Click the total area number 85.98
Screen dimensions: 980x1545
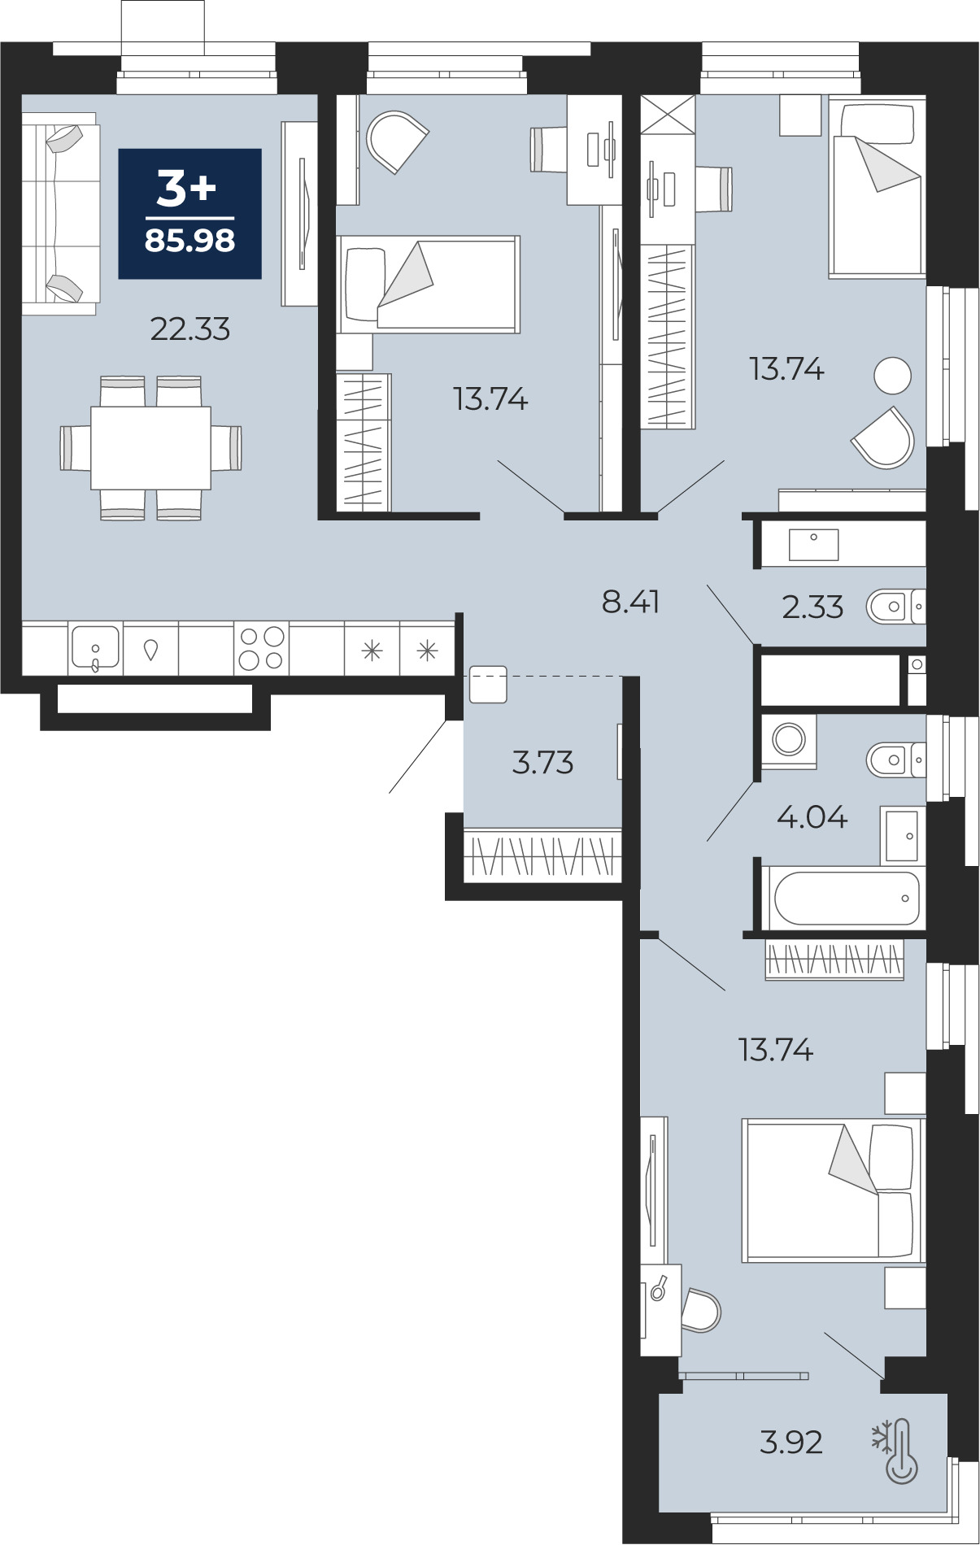click(x=190, y=241)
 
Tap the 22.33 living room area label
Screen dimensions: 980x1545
click(x=190, y=329)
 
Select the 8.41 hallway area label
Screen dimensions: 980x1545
click(x=631, y=602)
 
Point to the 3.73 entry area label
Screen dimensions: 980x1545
click(x=542, y=763)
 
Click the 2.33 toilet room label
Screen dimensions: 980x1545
click(x=812, y=607)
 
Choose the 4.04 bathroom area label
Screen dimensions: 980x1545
click(x=812, y=816)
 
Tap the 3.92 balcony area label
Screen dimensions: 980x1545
click(x=791, y=1443)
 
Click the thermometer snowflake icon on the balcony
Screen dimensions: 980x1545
click(x=895, y=1451)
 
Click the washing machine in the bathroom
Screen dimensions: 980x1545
click(x=789, y=740)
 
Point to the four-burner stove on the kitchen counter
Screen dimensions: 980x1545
click(x=262, y=649)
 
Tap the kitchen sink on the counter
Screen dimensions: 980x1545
click(x=96, y=648)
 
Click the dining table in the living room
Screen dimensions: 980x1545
click(x=150, y=448)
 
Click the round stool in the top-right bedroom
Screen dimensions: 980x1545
click(x=892, y=376)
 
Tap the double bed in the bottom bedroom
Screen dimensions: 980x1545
click(x=834, y=1190)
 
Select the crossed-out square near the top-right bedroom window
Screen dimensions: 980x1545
click(x=669, y=115)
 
